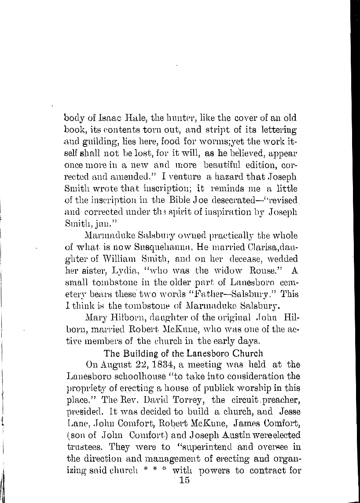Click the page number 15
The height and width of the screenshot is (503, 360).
point(181,481)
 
